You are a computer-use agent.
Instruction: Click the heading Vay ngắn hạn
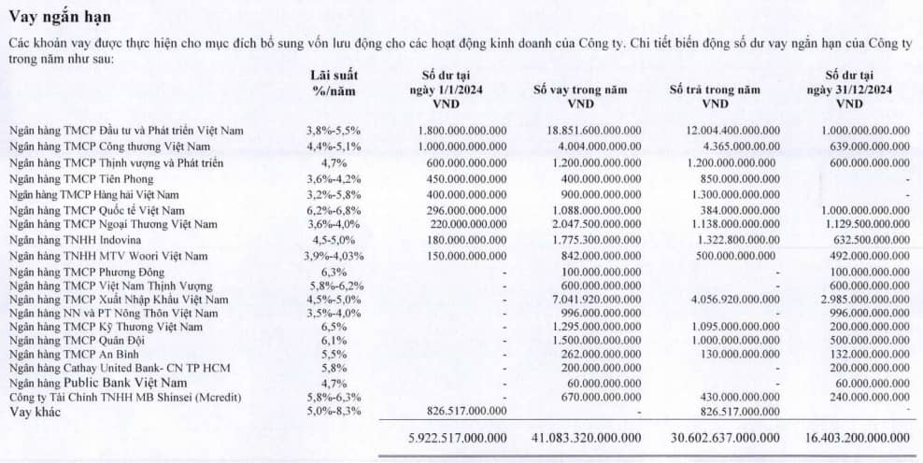tap(62, 16)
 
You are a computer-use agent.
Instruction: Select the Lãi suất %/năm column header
tap(334, 83)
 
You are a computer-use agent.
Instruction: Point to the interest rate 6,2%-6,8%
tap(333, 211)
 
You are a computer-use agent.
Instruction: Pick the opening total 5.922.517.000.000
tap(458, 437)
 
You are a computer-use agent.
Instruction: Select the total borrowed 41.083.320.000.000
tap(587, 437)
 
